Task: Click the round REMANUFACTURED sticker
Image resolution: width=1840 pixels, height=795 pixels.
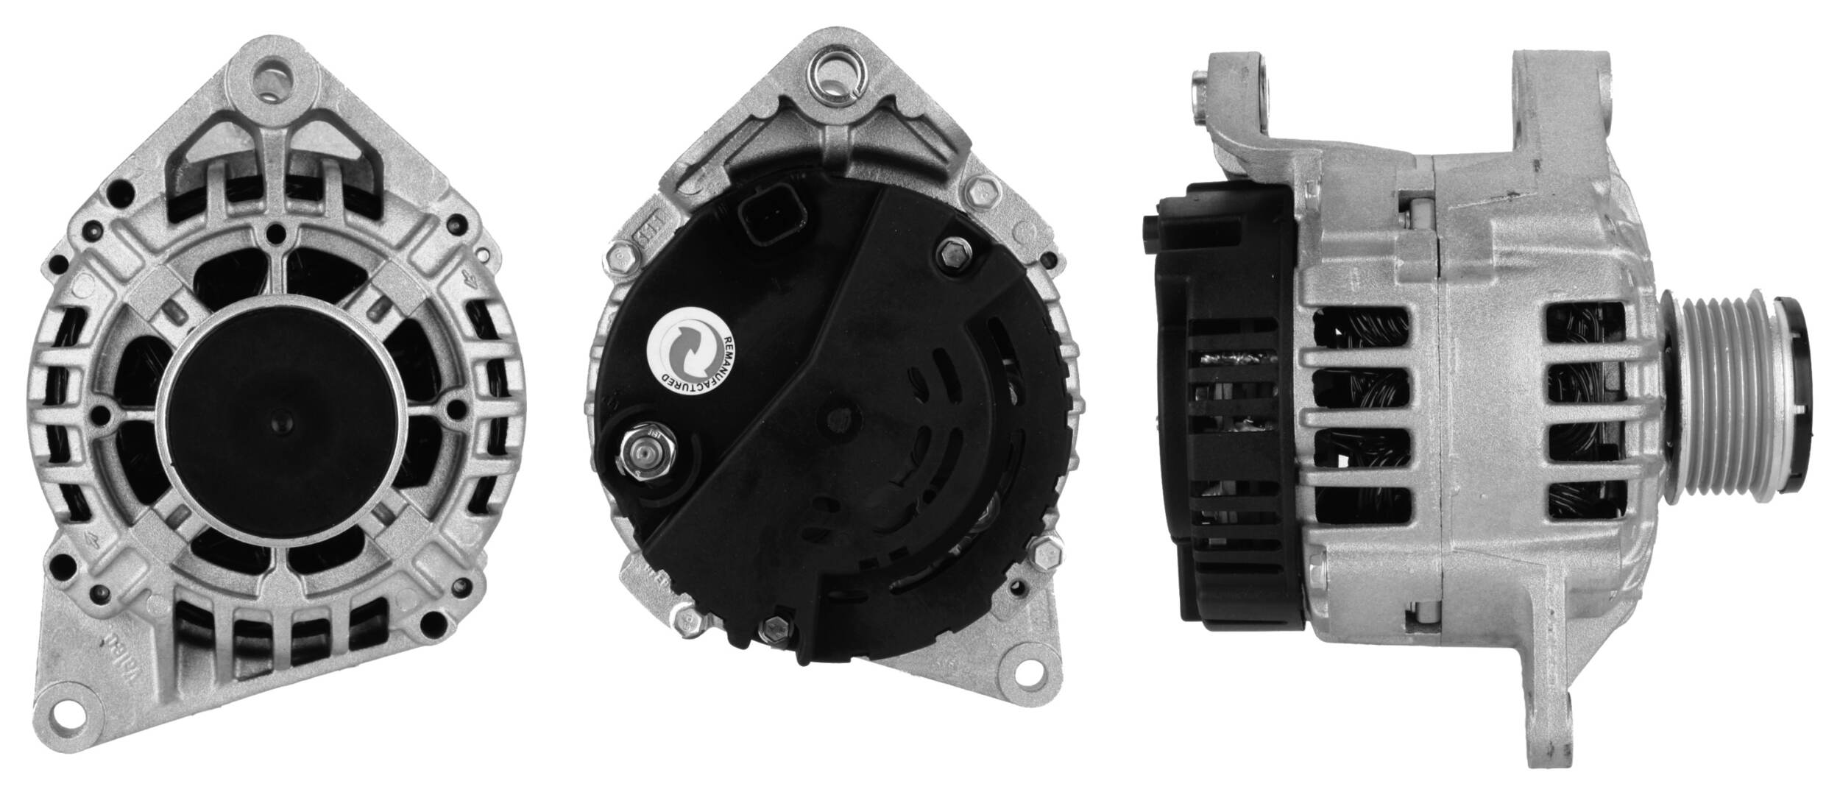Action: click(689, 354)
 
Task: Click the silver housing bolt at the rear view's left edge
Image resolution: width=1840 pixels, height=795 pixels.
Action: click(620, 258)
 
